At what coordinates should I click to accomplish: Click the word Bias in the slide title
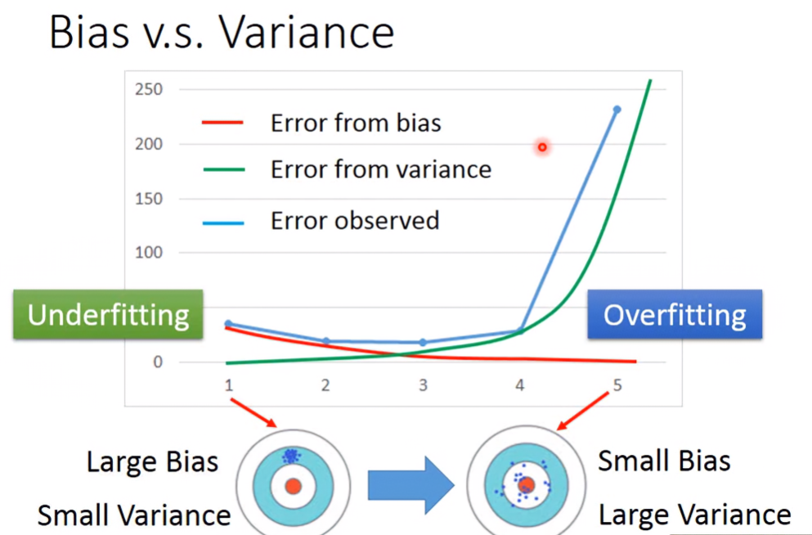tap(88, 32)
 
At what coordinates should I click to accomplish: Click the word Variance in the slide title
tap(306, 32)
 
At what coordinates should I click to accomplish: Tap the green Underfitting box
tap(108, 314)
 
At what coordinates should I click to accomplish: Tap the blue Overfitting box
tap(675, 314)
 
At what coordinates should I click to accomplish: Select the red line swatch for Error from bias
tap(222, 123)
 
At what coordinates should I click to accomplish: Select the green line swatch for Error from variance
tap(224, 169)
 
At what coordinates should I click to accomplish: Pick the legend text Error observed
tap(355, 221)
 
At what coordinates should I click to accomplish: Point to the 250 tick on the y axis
tap(149, 90)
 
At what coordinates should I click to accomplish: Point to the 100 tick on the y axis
tap(149, 253)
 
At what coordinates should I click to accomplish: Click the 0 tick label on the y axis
tap(158, 362)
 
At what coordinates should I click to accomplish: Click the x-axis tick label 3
tap(423, 385)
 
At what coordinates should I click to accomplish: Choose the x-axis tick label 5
tap(617, 385)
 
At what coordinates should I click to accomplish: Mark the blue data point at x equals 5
tap(617, 110)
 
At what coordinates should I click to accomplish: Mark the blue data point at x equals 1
tap(228, 324)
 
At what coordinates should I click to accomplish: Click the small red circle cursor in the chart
tap(542, 147)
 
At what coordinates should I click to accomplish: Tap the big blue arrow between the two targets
tap(411, 486)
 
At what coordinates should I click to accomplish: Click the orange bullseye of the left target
tap(293, 486)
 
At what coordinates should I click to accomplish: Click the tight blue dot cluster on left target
tap(291, 456)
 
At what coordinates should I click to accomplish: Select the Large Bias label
tap(152, 461)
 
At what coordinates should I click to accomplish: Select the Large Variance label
tap(695, 515)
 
